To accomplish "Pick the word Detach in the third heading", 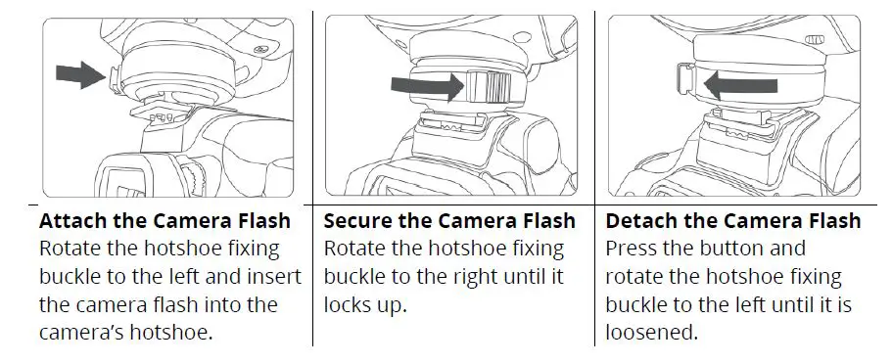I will pos(640,221).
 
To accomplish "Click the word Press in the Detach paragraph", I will pos(631,249).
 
